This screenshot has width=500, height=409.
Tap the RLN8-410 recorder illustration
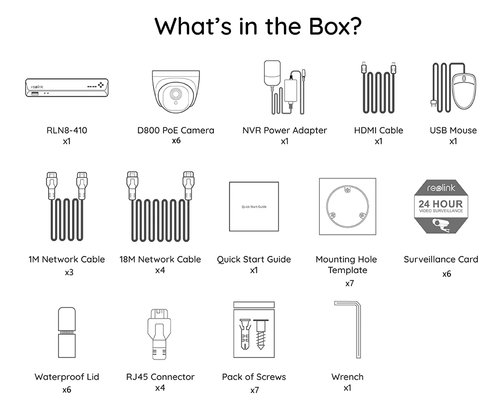pos(67,88)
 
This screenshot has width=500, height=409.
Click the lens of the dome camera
pos(175,94)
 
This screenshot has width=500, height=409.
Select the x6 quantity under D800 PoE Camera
pos(175,141)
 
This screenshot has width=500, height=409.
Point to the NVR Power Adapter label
pos(284,130)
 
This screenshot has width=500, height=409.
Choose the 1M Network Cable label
pos(66,259)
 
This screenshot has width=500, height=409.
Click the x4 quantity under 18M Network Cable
pos(160,270)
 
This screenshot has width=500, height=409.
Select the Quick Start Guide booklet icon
pos(253,206)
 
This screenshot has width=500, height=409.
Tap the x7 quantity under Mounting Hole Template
pos(350,283)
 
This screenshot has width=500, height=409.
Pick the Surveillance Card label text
pos(440,259)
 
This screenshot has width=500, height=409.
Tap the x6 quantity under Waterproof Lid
pos(66,390)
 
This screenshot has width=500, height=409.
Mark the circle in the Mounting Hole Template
pos(347,207)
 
